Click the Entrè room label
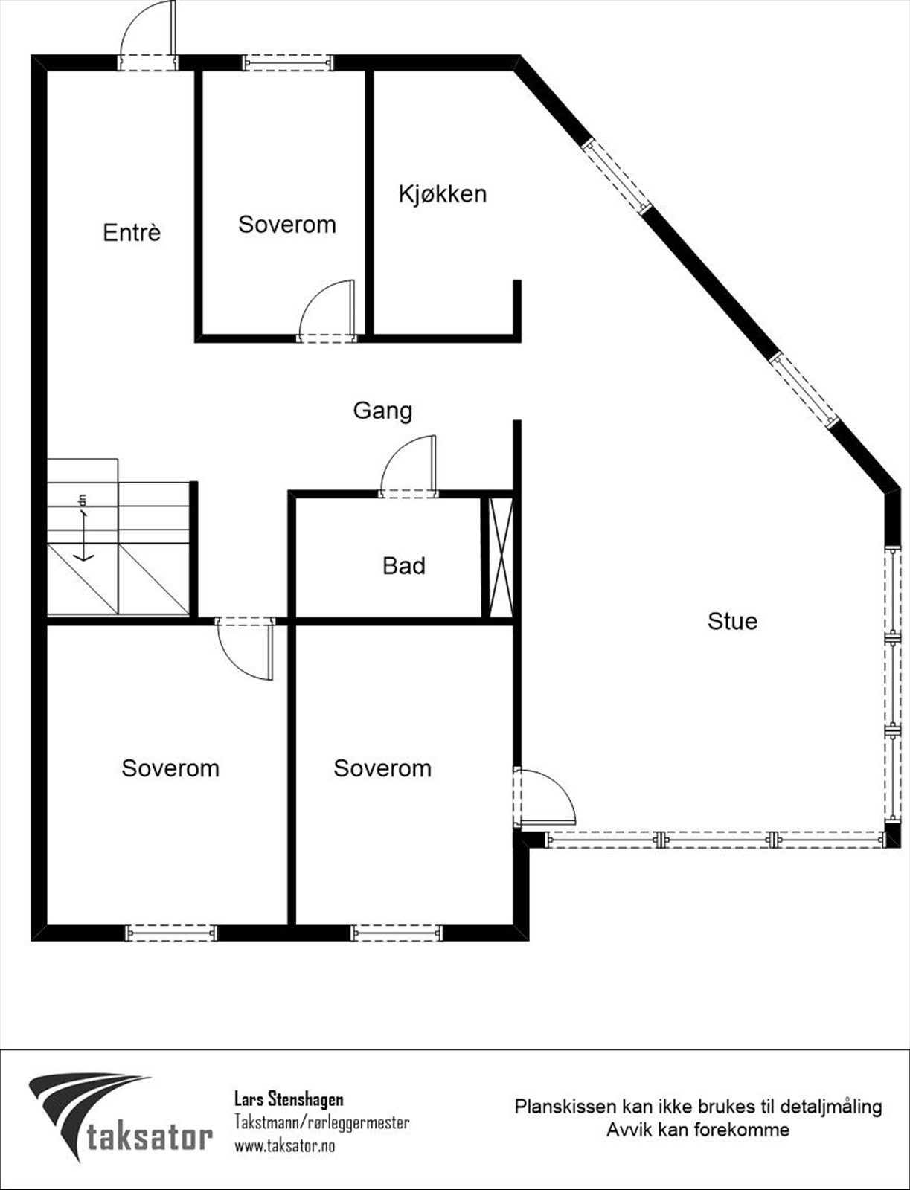[132, 233]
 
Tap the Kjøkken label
[443, 194]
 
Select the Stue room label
[732, 621]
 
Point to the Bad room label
[404, 566]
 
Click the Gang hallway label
[382, 411]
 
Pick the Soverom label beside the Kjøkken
[286, 225]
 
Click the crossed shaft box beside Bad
[498, 557]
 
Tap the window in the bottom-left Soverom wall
[170, 932]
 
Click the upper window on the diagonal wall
[617, 176]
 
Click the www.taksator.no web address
[284, 1146]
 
